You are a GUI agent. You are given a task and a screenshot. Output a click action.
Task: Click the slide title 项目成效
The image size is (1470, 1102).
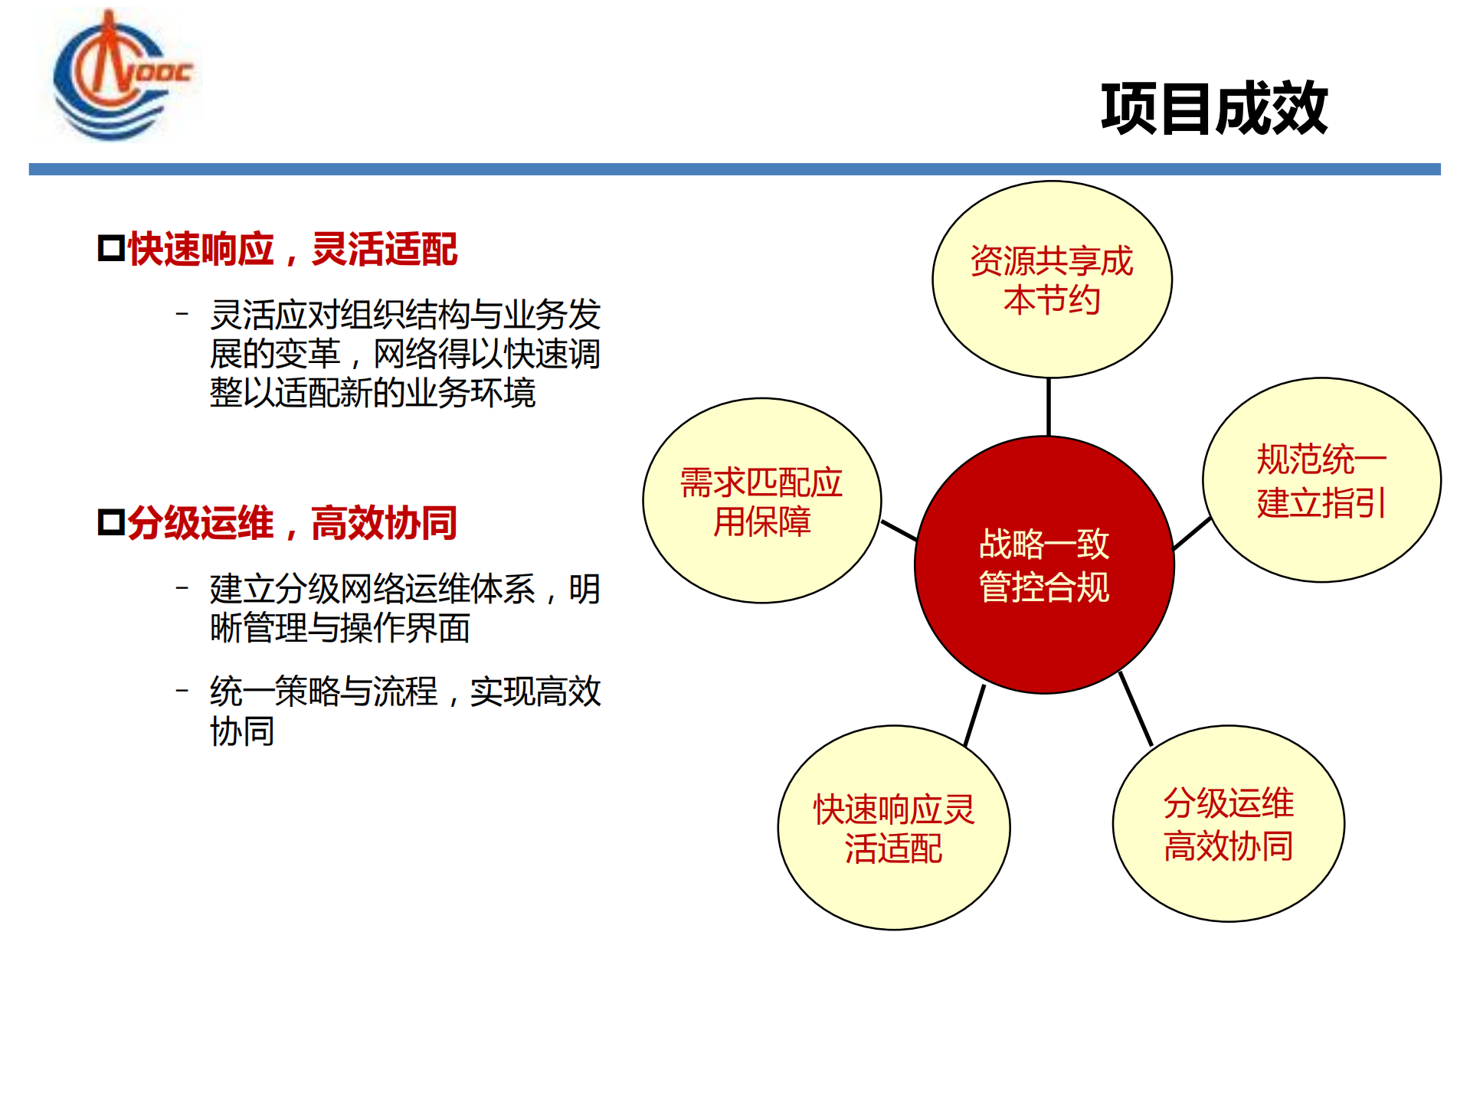click(x=1213, y=109)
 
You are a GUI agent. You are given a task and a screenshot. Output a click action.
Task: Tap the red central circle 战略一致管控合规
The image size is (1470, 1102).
click(x=1044, y=565)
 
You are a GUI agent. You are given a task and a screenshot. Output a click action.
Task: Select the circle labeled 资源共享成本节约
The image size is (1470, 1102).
click(x=1052, y=280)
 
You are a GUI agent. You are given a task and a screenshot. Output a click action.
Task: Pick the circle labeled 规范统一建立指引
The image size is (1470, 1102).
click(x=1321, y=480)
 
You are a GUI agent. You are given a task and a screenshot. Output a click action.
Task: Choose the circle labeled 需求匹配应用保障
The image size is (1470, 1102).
click(x=761, y=501)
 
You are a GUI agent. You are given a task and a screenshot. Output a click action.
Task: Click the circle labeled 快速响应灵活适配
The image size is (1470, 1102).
click(x=893, y=828)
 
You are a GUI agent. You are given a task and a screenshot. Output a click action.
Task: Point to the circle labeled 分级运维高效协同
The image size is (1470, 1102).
click(x=1228, y=824)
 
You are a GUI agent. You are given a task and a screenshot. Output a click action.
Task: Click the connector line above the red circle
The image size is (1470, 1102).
click(x=1048, y=407)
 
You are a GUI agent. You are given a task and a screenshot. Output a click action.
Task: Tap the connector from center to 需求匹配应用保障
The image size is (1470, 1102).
click(x=899, y=530)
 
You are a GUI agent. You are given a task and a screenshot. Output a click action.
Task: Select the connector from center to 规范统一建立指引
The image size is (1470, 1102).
click(x=1191, y=534)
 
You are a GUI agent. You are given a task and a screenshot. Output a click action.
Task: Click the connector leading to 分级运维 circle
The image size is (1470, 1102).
click(x=1135, y=708)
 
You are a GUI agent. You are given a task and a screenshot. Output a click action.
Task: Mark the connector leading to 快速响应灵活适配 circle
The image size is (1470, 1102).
click(x=974, y=715)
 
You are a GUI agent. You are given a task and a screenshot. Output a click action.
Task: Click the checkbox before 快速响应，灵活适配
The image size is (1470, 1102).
click(x=111, y=249)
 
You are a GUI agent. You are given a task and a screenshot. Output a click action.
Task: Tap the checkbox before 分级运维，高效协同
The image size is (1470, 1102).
click(x=111, y=522)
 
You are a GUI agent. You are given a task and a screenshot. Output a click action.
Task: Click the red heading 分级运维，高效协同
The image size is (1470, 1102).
click(x=292, y=523)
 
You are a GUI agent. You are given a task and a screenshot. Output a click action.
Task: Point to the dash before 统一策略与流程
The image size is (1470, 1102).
click(x=182, y=691)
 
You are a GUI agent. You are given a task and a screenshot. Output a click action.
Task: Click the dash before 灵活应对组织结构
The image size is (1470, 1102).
click(x=182, y=313)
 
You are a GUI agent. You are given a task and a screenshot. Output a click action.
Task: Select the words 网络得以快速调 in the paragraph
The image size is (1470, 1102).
click(x=486, y=354)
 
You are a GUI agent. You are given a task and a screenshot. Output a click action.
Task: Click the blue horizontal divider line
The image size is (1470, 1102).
click(x=734, y=169)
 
